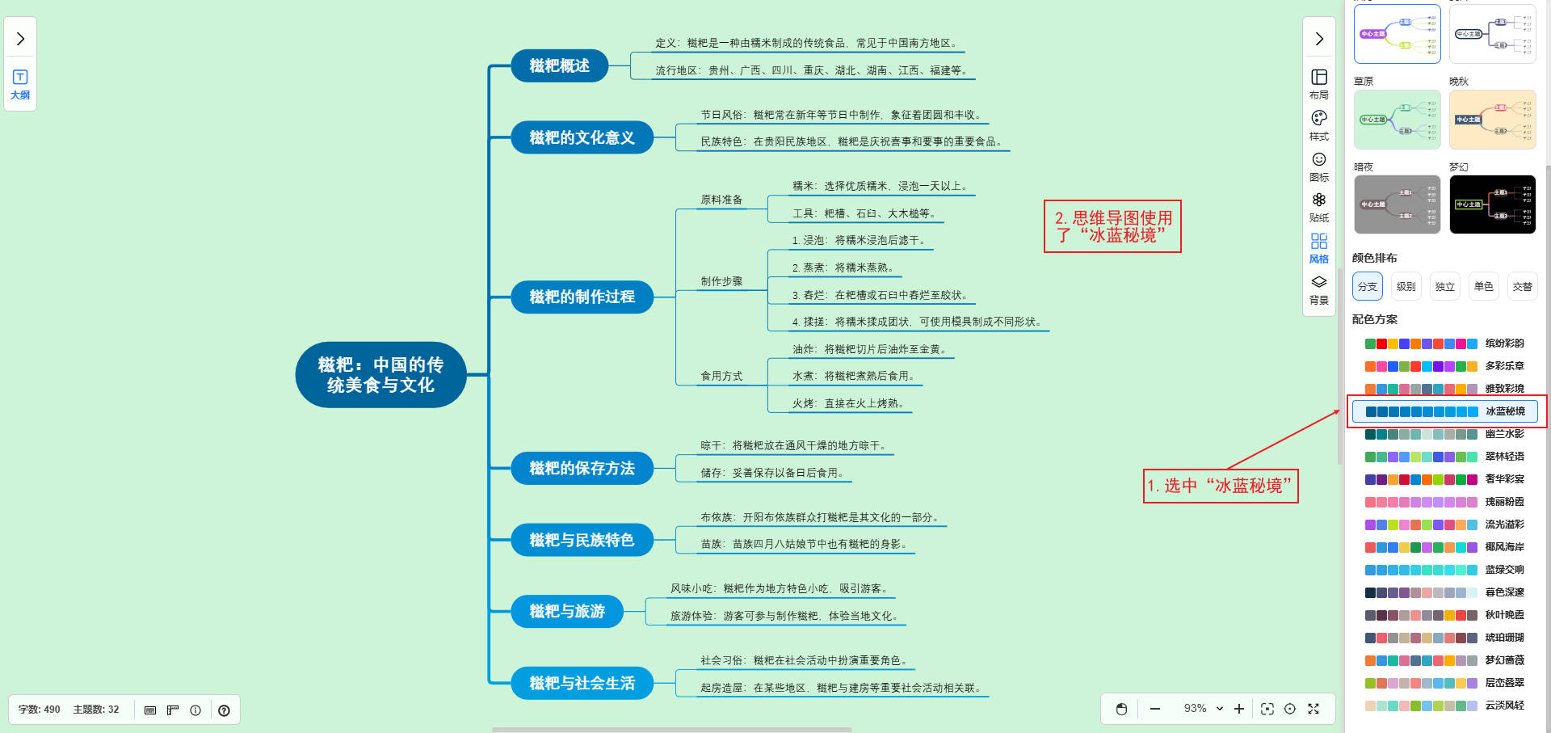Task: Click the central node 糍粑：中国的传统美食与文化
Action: [380, 375]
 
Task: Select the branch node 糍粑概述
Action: [559, 65]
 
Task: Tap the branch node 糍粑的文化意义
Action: [582, 137]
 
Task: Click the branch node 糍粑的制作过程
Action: [582, 297]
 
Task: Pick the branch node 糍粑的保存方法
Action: [582, 468]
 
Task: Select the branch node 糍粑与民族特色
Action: [582, 540]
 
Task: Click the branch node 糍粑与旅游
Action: [567, 611]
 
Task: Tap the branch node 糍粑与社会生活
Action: [582, 683]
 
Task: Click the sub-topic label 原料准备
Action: [721, 200]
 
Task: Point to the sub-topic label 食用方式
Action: [721, 376]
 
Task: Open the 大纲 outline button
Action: [20, 83]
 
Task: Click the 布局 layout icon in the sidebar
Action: [1319, 82]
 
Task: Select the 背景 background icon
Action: [1319, 289]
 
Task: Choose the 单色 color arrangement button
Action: [1483, 286]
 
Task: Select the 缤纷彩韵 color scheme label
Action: [1504, 343]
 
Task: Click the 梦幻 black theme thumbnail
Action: [1492, 204]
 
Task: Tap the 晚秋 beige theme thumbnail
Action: [1492, 120]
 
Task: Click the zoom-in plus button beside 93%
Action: [1239, 709]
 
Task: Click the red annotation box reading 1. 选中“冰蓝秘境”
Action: [1220, 486]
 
